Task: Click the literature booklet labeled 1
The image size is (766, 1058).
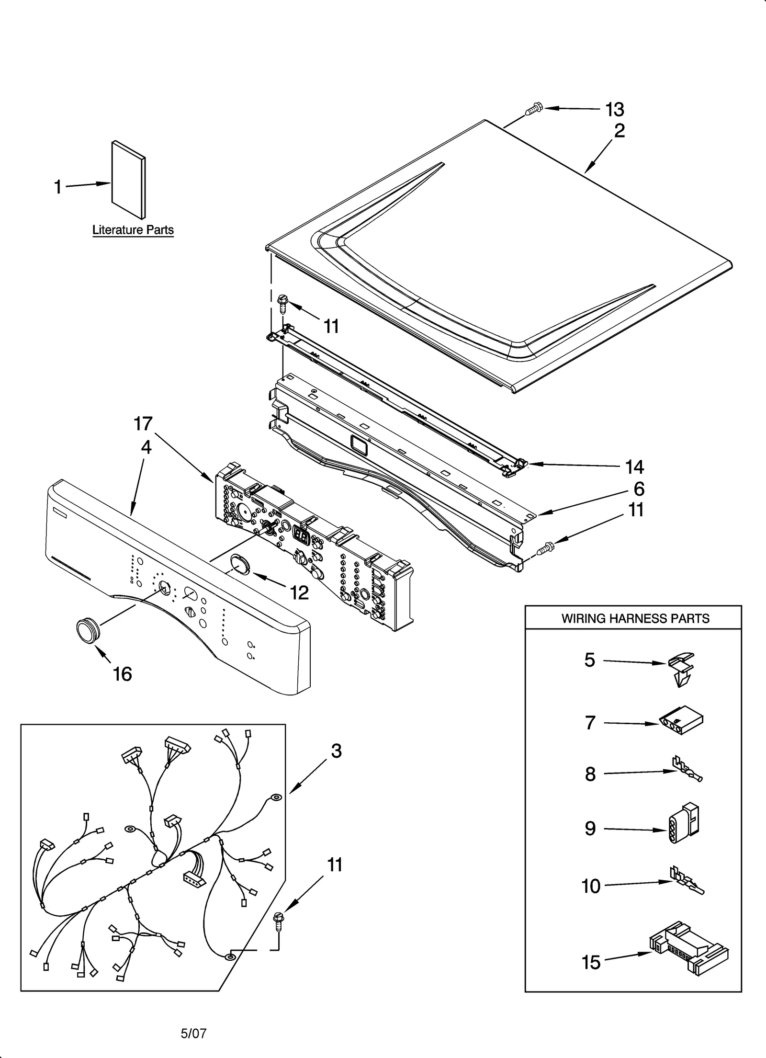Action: tap(128, 180)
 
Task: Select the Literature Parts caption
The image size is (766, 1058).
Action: tap(133, 230)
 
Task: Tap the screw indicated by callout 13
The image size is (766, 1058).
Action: tap(533, 109)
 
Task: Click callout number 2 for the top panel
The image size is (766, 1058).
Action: tap(619, 131)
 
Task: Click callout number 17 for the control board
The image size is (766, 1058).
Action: tap(143, 423)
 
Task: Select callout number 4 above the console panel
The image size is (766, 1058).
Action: tap(146, 447)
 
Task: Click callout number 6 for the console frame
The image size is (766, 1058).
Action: tap(639, 489)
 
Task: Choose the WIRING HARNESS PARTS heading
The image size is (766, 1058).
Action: tap(635, 618)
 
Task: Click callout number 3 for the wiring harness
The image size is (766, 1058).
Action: tap(336, 751)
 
